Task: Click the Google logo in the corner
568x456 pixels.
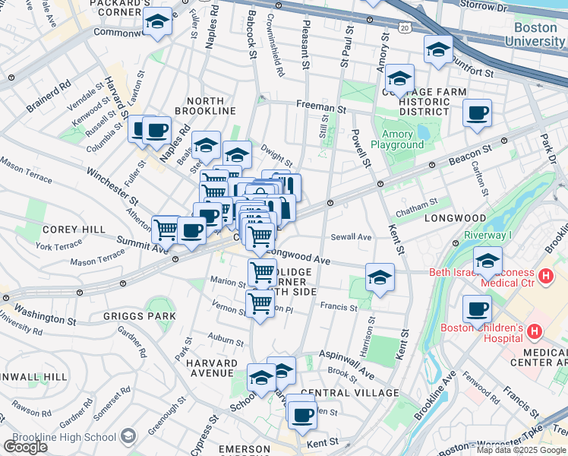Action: click(x=25, y=447)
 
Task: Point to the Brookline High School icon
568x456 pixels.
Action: click(x=127, y=436)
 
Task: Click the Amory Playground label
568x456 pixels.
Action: click(x=397, y=140)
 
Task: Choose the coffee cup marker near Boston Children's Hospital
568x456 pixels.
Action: click(x=477, y=309)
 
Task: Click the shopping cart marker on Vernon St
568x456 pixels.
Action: click(x=260, y=304)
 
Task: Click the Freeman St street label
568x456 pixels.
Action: click(x=321, y=108)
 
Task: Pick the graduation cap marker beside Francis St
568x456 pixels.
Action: click(x=380, y=278)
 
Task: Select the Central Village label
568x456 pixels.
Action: click(x=355, y=392)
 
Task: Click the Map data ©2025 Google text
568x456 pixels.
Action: click(x=522, y=450)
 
